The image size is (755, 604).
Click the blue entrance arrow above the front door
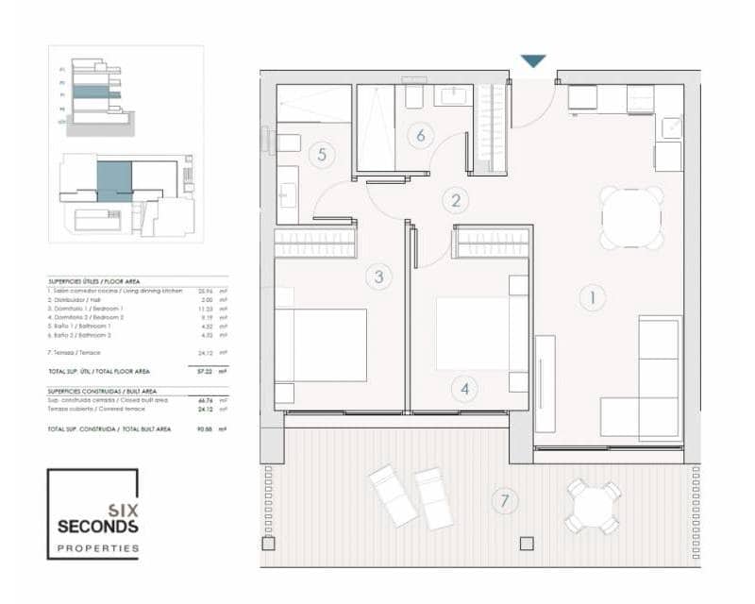533,61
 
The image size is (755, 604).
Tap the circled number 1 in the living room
593,298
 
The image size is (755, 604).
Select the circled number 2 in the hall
455,200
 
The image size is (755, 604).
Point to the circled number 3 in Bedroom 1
378,277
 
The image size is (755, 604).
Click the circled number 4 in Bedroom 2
462,388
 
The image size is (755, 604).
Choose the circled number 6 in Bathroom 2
420,135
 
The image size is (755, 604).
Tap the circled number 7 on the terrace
505,500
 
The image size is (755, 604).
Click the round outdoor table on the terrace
592,507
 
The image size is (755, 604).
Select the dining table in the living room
632,218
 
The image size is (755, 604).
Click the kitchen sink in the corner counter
670,126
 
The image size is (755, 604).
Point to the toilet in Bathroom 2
413,96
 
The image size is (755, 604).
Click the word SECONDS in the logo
98,526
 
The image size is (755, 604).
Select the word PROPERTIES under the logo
98,548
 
